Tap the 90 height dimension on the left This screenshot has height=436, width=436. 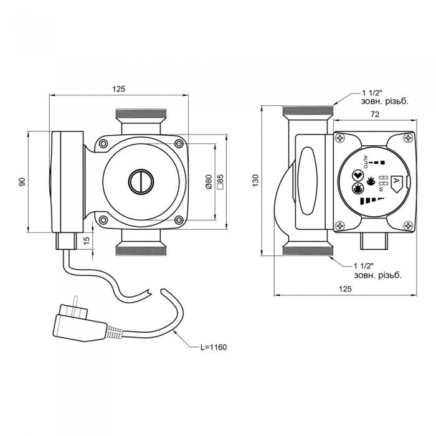pos(22,181)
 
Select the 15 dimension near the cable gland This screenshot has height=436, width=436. pos(87,239)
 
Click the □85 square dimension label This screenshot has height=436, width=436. pos(219,182)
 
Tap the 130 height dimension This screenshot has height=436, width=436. pos(265,180)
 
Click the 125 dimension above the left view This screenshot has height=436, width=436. pos(118,89)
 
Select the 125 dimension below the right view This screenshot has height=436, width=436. pos(346,289)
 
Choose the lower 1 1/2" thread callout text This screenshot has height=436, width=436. pos(376,269)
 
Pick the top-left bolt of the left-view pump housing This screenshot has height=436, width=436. pos(102,145)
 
